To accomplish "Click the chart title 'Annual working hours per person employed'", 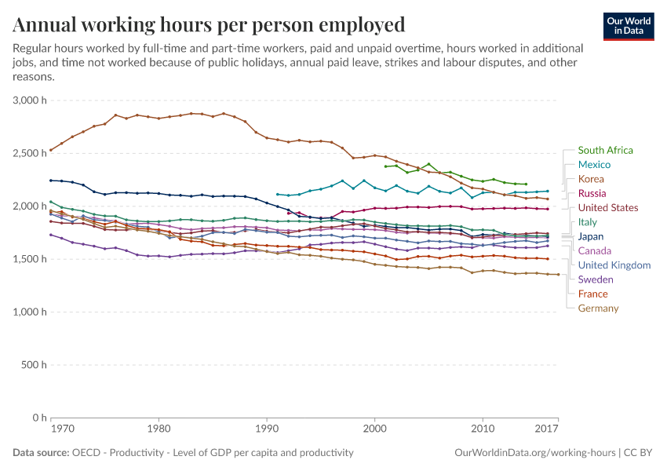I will (210, 24).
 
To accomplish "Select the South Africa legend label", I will (605, 150).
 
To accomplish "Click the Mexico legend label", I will (594, 165).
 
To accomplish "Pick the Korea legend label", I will (591, 179).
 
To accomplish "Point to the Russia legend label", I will (592, 193).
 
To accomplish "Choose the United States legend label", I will (608, 208).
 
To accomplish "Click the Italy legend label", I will (588, 222).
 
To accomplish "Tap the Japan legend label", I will (591, 236).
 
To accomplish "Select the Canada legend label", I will (594, 250).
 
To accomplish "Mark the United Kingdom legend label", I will (614, 265).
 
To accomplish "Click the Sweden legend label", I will (596, 279).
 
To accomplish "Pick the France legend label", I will (592, 294).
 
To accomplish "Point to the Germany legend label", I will (598, 309).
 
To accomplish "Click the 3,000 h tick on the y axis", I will (29, 100).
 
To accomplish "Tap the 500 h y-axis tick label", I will (33, 365).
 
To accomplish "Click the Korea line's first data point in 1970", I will (51, 150).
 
